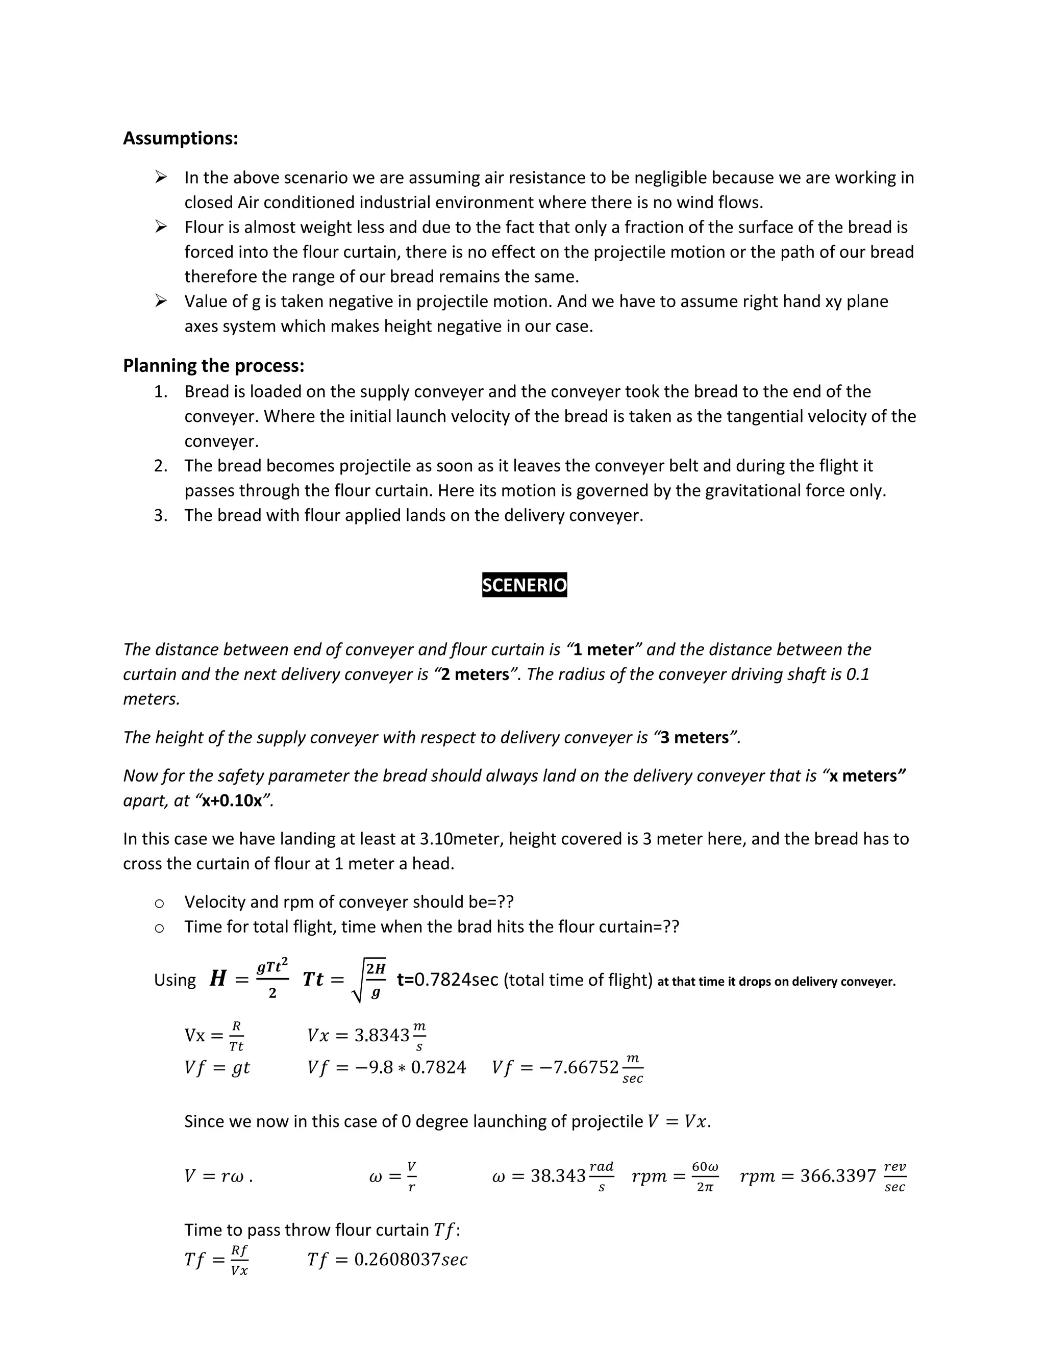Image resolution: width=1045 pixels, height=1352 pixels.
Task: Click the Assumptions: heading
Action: [x=180, y=138]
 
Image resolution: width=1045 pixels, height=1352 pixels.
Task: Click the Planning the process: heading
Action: [x=214, y=366]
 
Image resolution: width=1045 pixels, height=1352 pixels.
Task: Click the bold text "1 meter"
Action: [x=603, y=649]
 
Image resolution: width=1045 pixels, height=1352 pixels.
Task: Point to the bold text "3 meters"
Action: [x=693, y=737]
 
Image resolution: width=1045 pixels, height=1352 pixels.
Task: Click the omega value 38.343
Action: [x=558, y=1176]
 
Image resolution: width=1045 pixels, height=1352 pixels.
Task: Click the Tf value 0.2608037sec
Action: [x=410, y=1260]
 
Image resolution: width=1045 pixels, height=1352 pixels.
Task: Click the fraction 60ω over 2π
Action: [x=705, y=1176]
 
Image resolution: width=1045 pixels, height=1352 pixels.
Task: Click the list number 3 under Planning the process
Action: [x=160, y=516]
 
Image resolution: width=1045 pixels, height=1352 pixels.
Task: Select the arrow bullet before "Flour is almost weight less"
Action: [x=161, y=227]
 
